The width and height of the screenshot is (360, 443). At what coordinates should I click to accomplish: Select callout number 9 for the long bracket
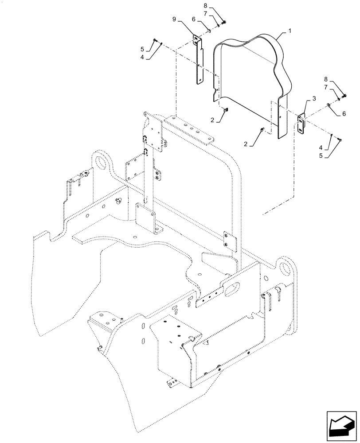[x=174, y=19]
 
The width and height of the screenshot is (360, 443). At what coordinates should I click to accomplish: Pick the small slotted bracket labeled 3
[x=301, y=123]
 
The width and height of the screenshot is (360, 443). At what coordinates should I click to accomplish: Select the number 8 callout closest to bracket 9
[x=205, y=6]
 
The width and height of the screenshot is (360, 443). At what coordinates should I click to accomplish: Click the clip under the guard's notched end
[x=226, y=110]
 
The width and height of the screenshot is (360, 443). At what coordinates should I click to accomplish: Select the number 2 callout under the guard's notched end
[x=212, y=120]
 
